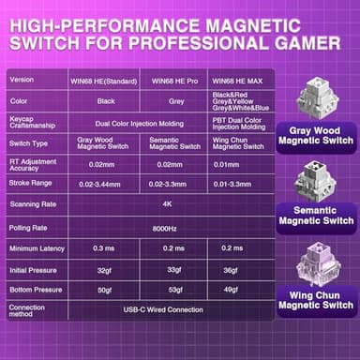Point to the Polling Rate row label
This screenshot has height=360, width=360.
pos(28,226)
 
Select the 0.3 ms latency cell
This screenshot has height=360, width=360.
pos(104,247)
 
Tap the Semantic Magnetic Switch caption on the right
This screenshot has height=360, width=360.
pos(315,216)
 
